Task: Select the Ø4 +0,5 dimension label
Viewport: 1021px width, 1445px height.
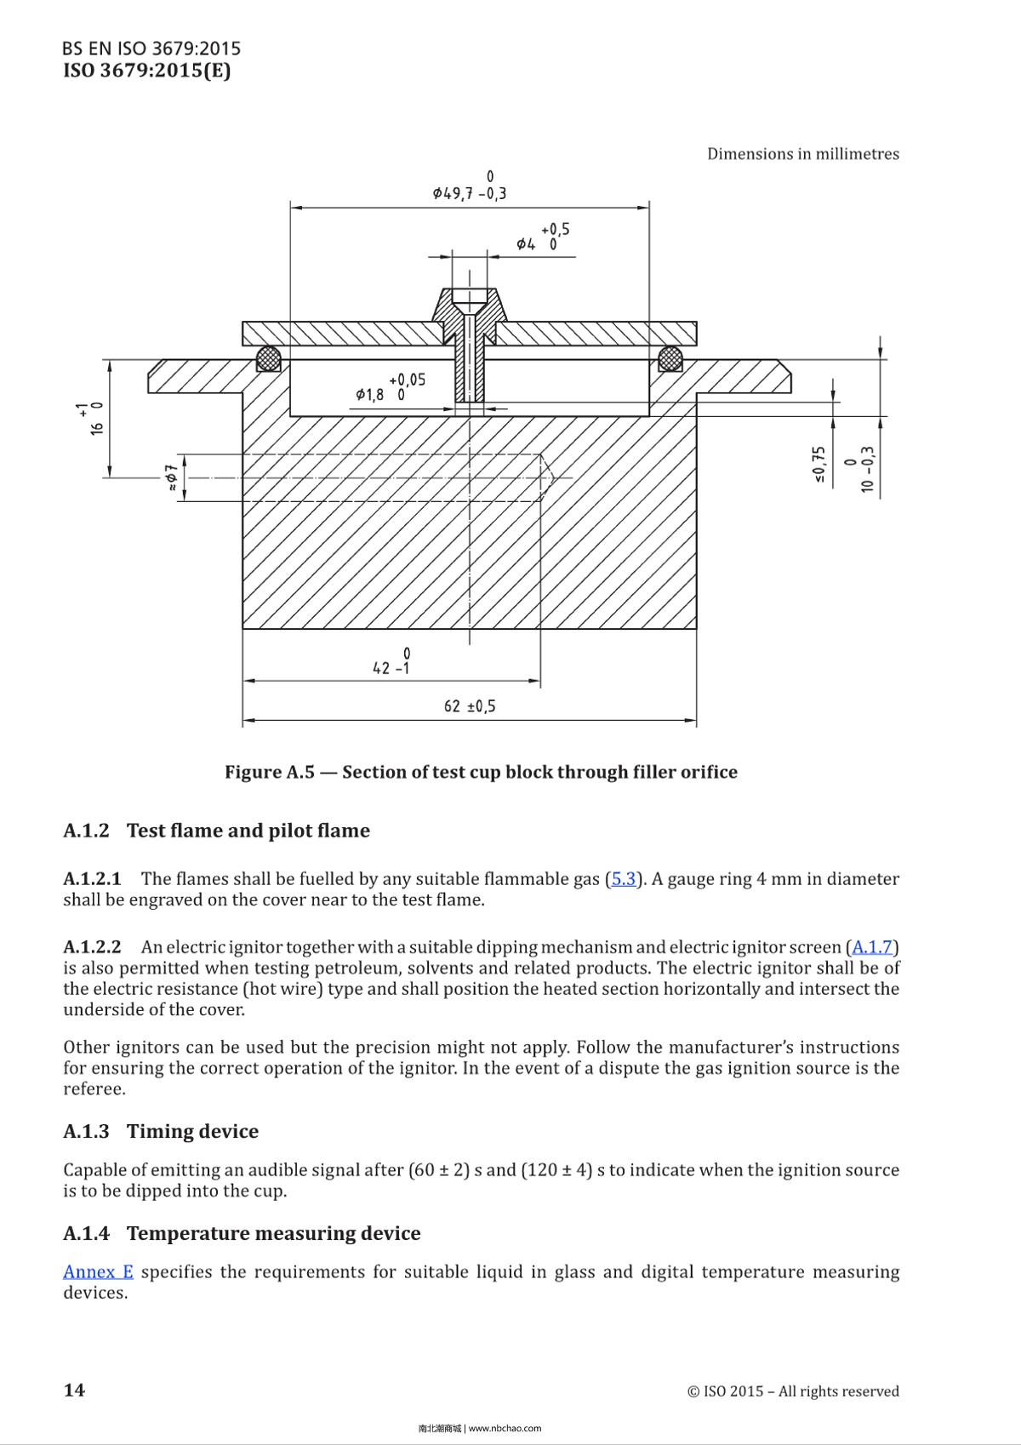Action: [542, 238]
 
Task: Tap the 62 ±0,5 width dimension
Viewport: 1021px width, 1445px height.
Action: [469, 706]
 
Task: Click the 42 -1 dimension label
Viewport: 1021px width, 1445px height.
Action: [391, 662]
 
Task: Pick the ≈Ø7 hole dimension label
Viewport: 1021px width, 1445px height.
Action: [171, 477]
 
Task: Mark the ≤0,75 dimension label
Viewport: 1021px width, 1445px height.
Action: [819, 465]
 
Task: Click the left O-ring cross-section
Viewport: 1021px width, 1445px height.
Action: [270, 358]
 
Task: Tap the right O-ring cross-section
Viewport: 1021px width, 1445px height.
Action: [670, 358]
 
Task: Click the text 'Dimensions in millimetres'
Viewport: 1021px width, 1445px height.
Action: [802, 154]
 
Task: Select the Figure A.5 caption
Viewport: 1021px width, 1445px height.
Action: [481, 772]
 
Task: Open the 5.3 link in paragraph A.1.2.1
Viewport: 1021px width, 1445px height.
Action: [624, 879]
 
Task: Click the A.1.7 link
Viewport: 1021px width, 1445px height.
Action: [873, 947]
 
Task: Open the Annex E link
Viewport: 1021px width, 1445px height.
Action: [98, 1272]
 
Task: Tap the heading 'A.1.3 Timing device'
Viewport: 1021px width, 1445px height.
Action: [160, 1132]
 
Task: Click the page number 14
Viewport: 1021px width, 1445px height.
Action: [74, 1391]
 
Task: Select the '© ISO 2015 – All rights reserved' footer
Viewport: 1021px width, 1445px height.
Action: [792, 1391]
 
